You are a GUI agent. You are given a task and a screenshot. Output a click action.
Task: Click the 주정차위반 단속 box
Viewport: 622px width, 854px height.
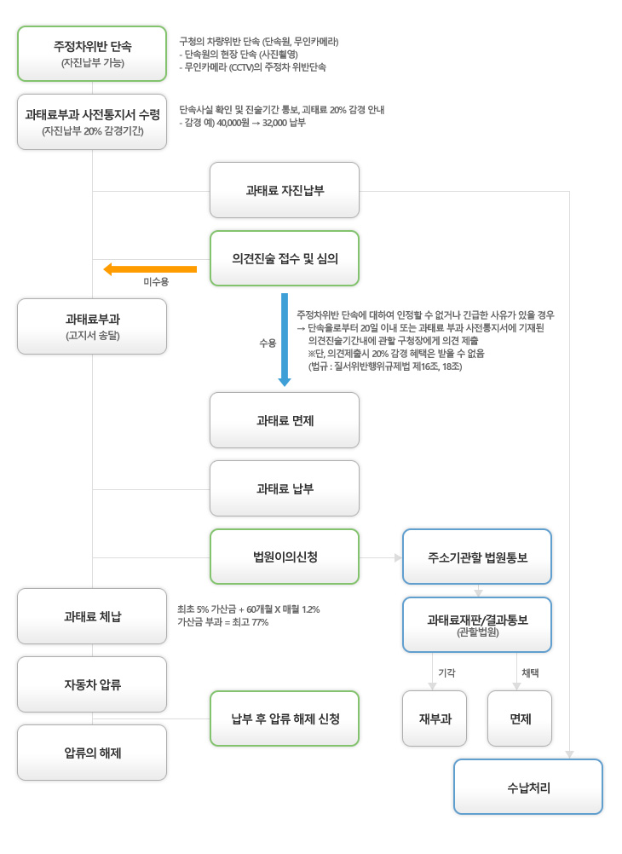92,54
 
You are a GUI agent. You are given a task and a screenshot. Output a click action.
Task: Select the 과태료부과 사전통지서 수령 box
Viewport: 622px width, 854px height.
92,122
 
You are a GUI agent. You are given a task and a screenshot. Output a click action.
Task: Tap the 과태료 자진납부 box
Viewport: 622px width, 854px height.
285,190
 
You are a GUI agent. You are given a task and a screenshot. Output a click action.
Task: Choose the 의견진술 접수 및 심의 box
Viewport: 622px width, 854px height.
285,258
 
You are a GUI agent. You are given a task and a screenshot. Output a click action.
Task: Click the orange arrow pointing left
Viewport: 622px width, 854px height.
150,269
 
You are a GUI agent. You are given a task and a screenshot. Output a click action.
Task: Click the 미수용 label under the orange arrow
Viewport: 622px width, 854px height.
155,281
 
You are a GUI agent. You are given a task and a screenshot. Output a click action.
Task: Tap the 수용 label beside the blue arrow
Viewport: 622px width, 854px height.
268,343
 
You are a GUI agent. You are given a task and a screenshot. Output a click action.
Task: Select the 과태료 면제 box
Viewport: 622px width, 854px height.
285,420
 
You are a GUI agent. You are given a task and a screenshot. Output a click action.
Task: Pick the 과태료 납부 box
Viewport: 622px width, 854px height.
285,488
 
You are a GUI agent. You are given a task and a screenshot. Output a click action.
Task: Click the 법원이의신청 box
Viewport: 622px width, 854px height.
285,557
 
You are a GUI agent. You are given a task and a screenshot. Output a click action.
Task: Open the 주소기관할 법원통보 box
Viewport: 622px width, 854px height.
477,557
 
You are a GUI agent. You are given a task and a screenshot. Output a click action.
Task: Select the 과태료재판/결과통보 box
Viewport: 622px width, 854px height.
477,624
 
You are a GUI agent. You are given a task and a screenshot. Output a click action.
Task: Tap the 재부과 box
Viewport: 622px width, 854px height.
435,718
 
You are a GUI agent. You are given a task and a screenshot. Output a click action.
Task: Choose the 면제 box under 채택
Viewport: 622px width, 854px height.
520,718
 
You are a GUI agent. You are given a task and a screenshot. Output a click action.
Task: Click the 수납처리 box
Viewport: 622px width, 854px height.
528,787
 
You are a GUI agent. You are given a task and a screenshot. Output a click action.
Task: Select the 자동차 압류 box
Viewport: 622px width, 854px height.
92,684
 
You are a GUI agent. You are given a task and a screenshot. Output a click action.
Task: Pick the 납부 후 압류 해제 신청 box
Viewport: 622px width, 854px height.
285,718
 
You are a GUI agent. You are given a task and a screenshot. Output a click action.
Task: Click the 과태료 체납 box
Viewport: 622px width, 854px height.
92,616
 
